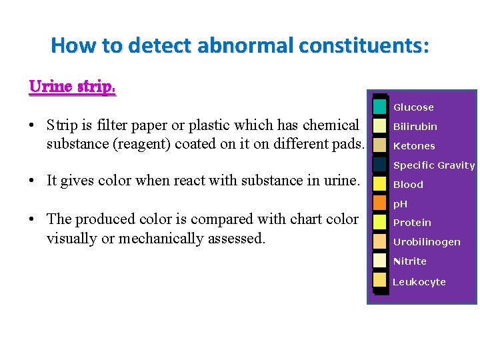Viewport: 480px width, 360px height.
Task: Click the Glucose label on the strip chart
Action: pyautogui.click(x=413, y=107)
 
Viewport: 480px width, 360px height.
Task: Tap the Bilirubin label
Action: pyautogui.click(x=415, y=127)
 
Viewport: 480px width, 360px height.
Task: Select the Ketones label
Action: pyautogui.click(x=414, y=146)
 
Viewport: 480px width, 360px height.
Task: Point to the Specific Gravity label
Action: pyautogui.click(x=434, y=165)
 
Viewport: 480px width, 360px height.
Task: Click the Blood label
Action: pyautogui.click(x=408, y=185)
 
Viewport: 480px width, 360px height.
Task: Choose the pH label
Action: pyautogui.click(x=400, y=204)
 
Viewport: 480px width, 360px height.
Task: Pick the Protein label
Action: pyautogui.click(x=412, y=223)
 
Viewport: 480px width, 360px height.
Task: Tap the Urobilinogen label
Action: pyautogui.click(x=427, y=242)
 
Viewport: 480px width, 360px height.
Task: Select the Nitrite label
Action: pyautogui.click(x=410, y=261)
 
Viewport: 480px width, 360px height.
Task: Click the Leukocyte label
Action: pyautogui.click(x=419, y=282)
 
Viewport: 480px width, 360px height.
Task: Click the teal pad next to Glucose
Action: pyautogui.click(x=380, y=106)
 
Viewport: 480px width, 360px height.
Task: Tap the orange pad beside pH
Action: pyautogui.click(x=380, y=203)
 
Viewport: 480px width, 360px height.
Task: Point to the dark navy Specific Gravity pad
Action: pyautogui.click(x=380, y=164)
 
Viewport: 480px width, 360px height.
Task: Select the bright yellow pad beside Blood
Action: pyautogui.click(x=380, y=183)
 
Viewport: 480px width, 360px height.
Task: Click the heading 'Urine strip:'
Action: pyautogui.click(x=73, y=87)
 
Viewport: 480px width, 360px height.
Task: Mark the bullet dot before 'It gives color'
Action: pyautogui.click(x=33, y=180)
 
